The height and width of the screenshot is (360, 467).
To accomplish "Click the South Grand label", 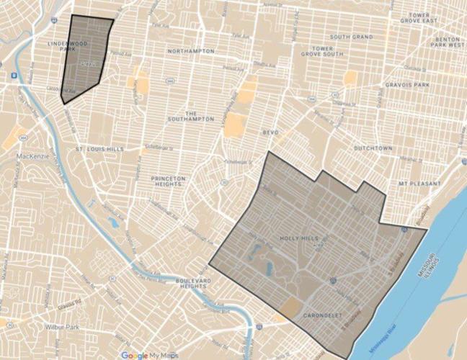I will point(351,36).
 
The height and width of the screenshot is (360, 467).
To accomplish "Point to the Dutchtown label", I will point(372,148).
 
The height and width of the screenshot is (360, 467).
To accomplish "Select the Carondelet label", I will point(321,315).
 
